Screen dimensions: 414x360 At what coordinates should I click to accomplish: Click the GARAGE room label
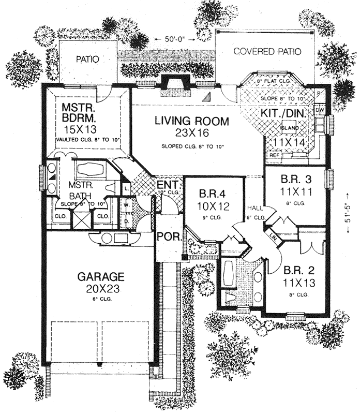[100, 276]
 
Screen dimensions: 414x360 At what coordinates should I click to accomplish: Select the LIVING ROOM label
[192, 122]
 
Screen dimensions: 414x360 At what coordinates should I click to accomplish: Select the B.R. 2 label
[296, 271]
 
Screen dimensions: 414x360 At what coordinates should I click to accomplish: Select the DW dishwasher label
[319, 110]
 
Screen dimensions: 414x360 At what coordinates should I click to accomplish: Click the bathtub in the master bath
[92, 169]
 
